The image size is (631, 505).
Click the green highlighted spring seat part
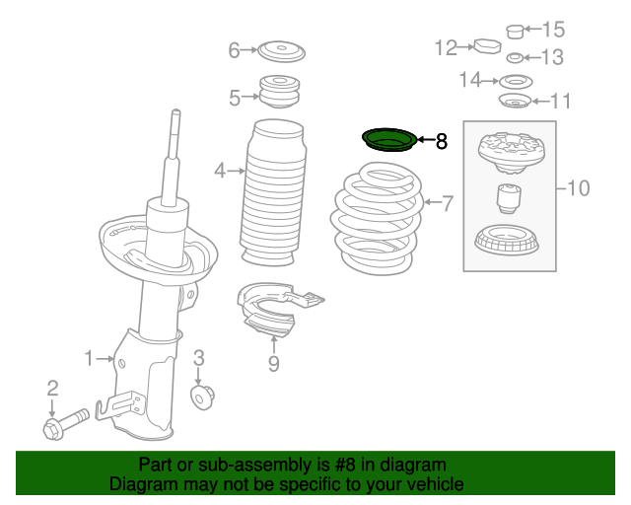click(389, 142)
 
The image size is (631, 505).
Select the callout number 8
click(441, 142)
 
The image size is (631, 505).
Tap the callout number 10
click(578, 187)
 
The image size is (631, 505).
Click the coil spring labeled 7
click(379, 222)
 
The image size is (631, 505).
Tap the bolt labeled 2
click(60, 426)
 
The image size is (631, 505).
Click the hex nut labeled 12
click(487, 46)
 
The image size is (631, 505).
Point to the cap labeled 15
click(514, 31)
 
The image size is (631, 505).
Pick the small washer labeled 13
click(513, 57)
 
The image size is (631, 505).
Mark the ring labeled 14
click(513, 80)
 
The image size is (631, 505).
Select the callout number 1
click(89, 357)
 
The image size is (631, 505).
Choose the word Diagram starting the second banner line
click(141, 484)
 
